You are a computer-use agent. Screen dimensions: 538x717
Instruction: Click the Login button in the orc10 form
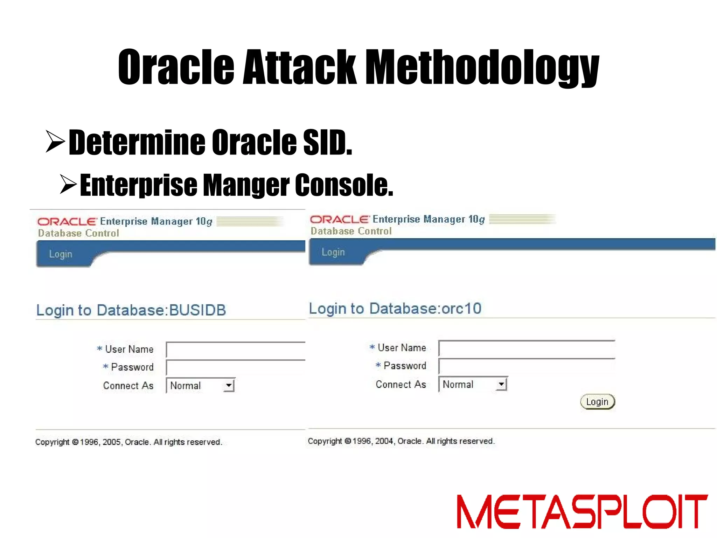[x=597, y=402]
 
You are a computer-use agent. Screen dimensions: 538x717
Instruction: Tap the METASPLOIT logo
[x=582, y=511]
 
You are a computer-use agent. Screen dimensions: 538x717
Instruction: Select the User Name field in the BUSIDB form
[x=236, y=350]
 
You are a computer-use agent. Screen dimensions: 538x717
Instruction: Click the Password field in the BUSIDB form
[x=236, y=368]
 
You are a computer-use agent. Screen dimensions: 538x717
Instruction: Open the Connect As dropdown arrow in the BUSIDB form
[x=229, y=386]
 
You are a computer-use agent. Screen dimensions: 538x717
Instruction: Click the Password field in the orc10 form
[x=527, y=366]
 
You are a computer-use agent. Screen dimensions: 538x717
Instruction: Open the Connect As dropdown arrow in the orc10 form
[x=501, y=384]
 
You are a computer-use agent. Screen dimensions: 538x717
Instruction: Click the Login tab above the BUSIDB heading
[x=61, y=254]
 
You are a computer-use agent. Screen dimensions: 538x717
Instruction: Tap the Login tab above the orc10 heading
[x=333, y=252]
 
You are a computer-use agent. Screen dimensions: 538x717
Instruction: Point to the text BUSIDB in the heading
[x=197, y=310]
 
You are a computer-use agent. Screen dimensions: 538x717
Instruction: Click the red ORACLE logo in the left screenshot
[x=67, y=222]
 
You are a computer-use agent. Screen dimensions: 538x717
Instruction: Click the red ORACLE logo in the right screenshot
[x=340, y=220]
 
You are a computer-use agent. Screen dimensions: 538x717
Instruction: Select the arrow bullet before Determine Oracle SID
[x=55, y=142]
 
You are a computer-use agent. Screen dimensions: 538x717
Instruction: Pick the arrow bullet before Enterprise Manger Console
[x=68, y=184]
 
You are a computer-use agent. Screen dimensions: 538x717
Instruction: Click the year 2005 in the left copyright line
[x=111, y=442]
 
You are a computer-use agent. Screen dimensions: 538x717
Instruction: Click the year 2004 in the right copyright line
[x=384, y=441]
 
